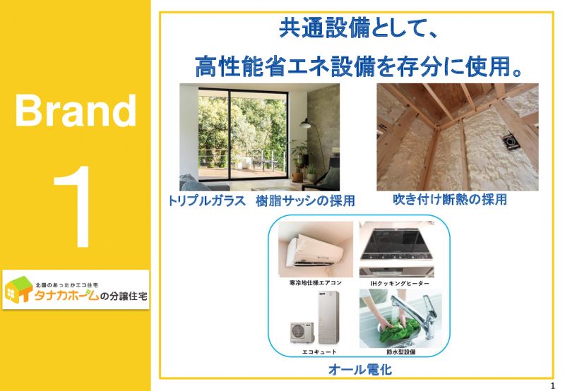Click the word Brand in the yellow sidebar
click(76, 110)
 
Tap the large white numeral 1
click(75, 207)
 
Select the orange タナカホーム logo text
click(66, 296)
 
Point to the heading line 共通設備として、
click(358, 29)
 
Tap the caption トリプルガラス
click(207, 200)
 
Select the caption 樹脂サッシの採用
click(305, 200)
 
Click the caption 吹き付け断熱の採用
click(450, 199)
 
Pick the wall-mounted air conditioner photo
click(316, 249)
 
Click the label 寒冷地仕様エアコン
click(315, 283)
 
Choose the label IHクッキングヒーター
click(400, 283)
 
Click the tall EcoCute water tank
click(328, 317)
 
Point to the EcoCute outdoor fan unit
click(302, 332)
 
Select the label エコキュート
click(319, 351)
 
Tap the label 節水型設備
click(400, 351)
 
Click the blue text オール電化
click(360, 369)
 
